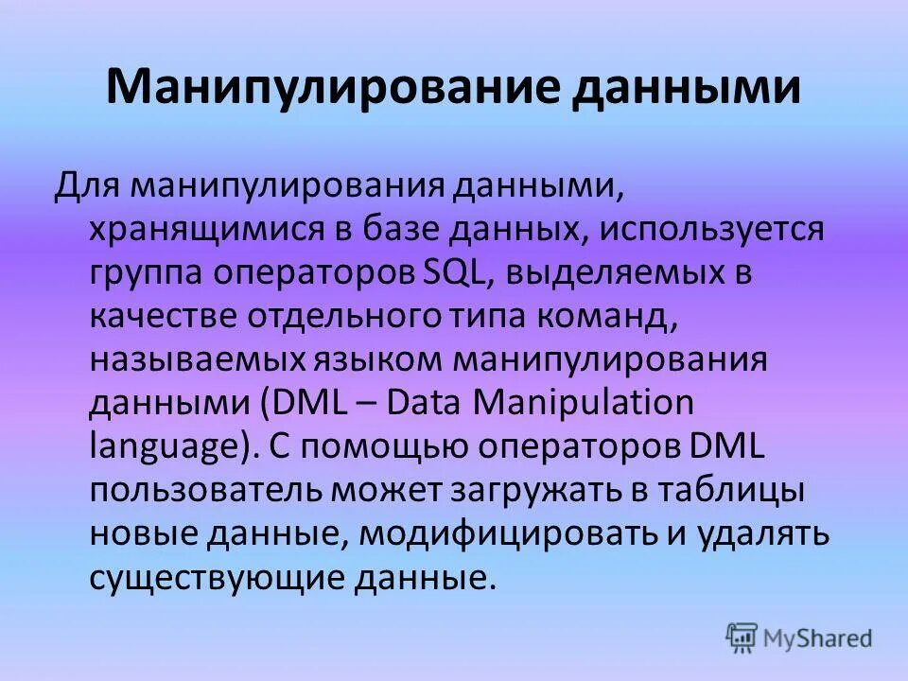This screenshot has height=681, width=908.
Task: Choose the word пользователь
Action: [x=204, y=491]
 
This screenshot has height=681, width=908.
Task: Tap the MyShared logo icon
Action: [x=742, y=637]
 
